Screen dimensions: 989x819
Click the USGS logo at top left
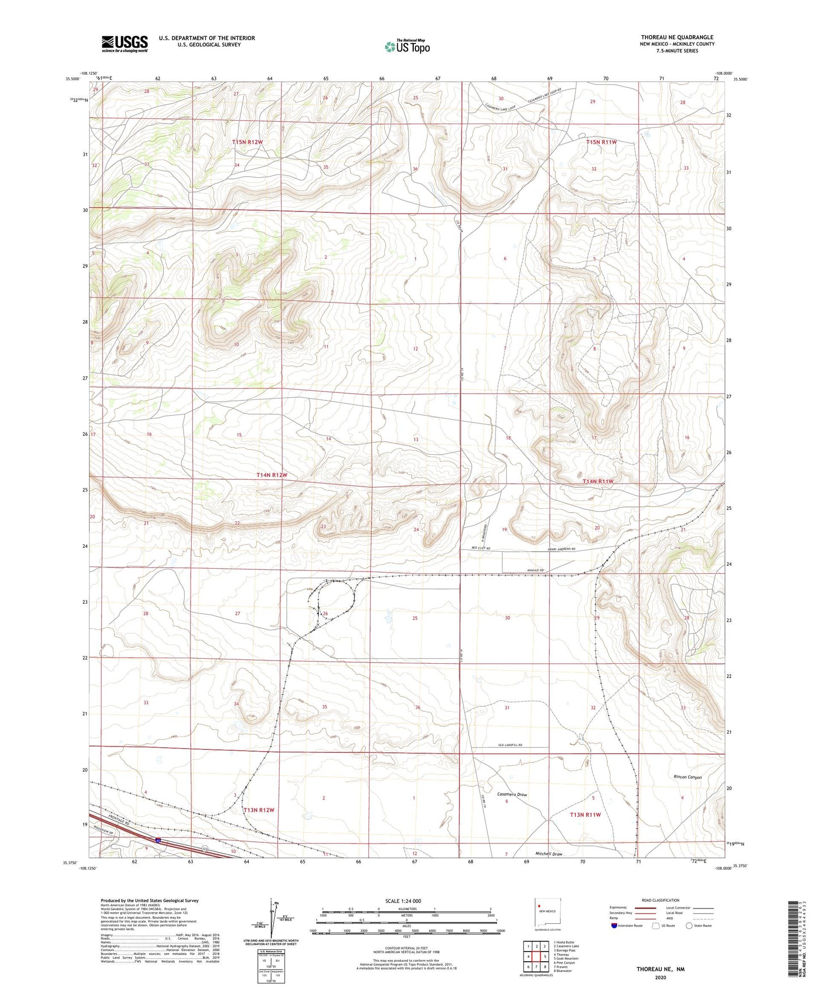coord(124,44)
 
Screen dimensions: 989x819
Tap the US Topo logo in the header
coord(407,46)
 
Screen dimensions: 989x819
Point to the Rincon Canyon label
coord(687,777)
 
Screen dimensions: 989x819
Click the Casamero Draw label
coord(512,795)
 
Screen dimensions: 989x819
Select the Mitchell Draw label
coord(549,854)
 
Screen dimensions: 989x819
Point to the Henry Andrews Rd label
coord(561,549)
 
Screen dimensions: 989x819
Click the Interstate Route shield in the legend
coord(614,926)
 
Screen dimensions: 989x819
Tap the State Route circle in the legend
coord(689,926)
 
